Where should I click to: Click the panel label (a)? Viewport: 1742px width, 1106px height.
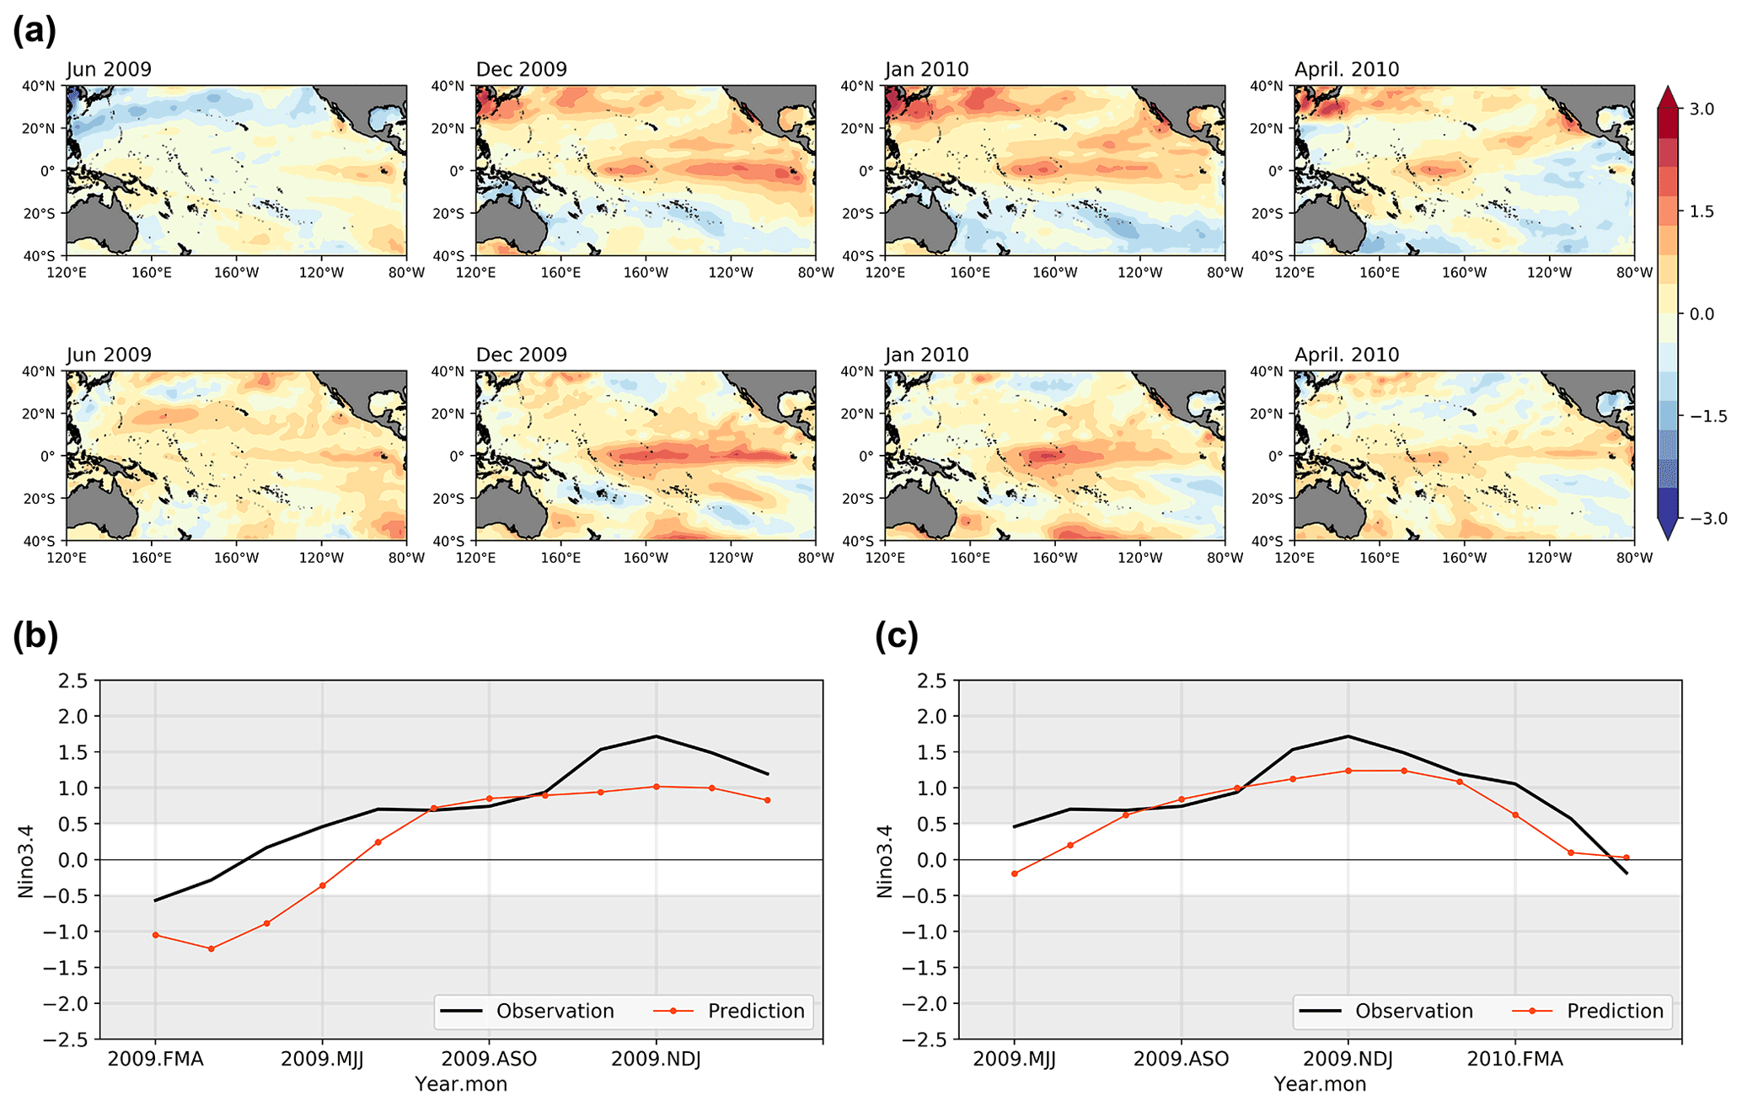(35, 30)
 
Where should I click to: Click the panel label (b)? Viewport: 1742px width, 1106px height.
(35, 635)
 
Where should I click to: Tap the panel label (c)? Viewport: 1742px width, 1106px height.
(897, 635)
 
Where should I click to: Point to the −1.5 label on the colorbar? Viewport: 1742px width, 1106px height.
(1702, 416)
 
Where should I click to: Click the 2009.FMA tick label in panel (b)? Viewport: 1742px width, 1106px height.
(156, 1059)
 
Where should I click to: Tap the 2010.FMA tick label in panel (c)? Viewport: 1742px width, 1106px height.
(1514, 1059)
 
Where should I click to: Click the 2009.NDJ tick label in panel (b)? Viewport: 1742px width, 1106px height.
(656, 1059)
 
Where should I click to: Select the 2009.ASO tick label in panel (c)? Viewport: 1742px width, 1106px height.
(1181, 1059)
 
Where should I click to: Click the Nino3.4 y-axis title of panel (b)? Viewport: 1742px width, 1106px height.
(26, 860)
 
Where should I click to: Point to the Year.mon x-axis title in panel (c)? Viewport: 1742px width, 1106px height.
(1319, 1084)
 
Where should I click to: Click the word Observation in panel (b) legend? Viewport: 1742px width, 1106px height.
(555, 1011)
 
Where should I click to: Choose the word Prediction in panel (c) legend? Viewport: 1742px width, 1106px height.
(1615, 1011)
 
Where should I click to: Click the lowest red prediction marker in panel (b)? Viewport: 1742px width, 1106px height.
(211, 948)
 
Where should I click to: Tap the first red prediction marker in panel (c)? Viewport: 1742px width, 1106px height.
(1014, 874)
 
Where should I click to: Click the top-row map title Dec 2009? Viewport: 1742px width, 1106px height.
(521, 69)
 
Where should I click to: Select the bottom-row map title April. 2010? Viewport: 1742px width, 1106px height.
(1346, 355)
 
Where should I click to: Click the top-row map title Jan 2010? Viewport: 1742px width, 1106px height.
(926, 69)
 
